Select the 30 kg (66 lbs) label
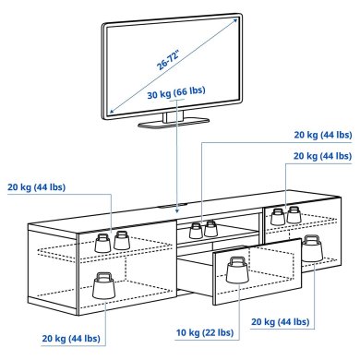pyautogui.click(x=176, y=95)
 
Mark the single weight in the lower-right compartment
pyautogui.click(x=313, y=249)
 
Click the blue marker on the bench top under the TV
pyautogui.click(x=176, y=206)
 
